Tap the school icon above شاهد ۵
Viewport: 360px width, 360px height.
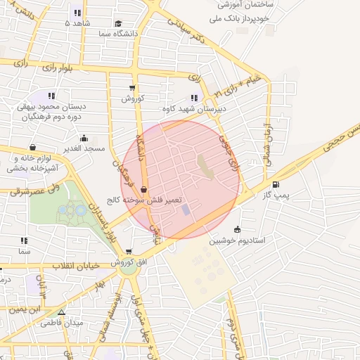[x=77, y=13]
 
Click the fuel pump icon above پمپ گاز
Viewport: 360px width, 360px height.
[x=285, y=184]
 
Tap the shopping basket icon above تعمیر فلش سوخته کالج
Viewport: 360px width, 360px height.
[x=144, y=189]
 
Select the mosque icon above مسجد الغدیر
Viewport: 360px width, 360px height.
[x=84, y=138]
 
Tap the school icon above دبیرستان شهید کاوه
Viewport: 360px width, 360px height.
[x=194, y=98]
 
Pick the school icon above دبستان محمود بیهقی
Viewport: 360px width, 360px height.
[x=51, y=96]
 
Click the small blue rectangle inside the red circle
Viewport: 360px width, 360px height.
[x=185, y=210]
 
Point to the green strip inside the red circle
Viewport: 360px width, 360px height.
[x=203, y=166]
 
